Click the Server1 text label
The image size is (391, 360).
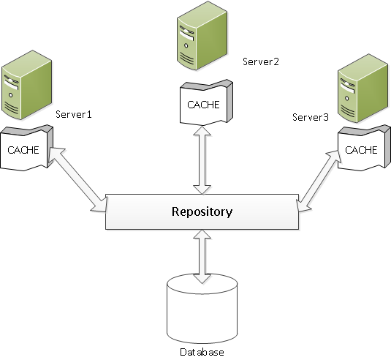coord(73,115)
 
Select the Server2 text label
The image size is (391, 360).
coord(261,61)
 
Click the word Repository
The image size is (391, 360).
coord(202,212)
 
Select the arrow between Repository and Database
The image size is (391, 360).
coord(202,253)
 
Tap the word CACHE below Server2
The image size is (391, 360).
coord(202,104)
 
